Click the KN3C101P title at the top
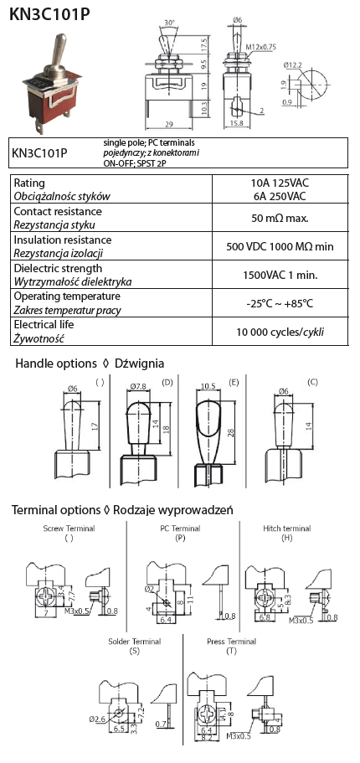tap(49, 14)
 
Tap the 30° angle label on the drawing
tap(169, 23)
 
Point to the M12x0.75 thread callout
tap(260, 47)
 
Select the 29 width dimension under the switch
tap(168, 125)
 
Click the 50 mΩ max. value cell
tap(280, 218)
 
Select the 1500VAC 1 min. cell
tap(280, 275)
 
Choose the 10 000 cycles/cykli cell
tap(280, 333)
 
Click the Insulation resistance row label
tap(62, 240)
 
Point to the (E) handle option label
tap(234, 383)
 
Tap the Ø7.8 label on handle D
tap(138, 387)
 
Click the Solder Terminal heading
tap(134, 642)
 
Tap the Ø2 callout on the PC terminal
tap(150, 590)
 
